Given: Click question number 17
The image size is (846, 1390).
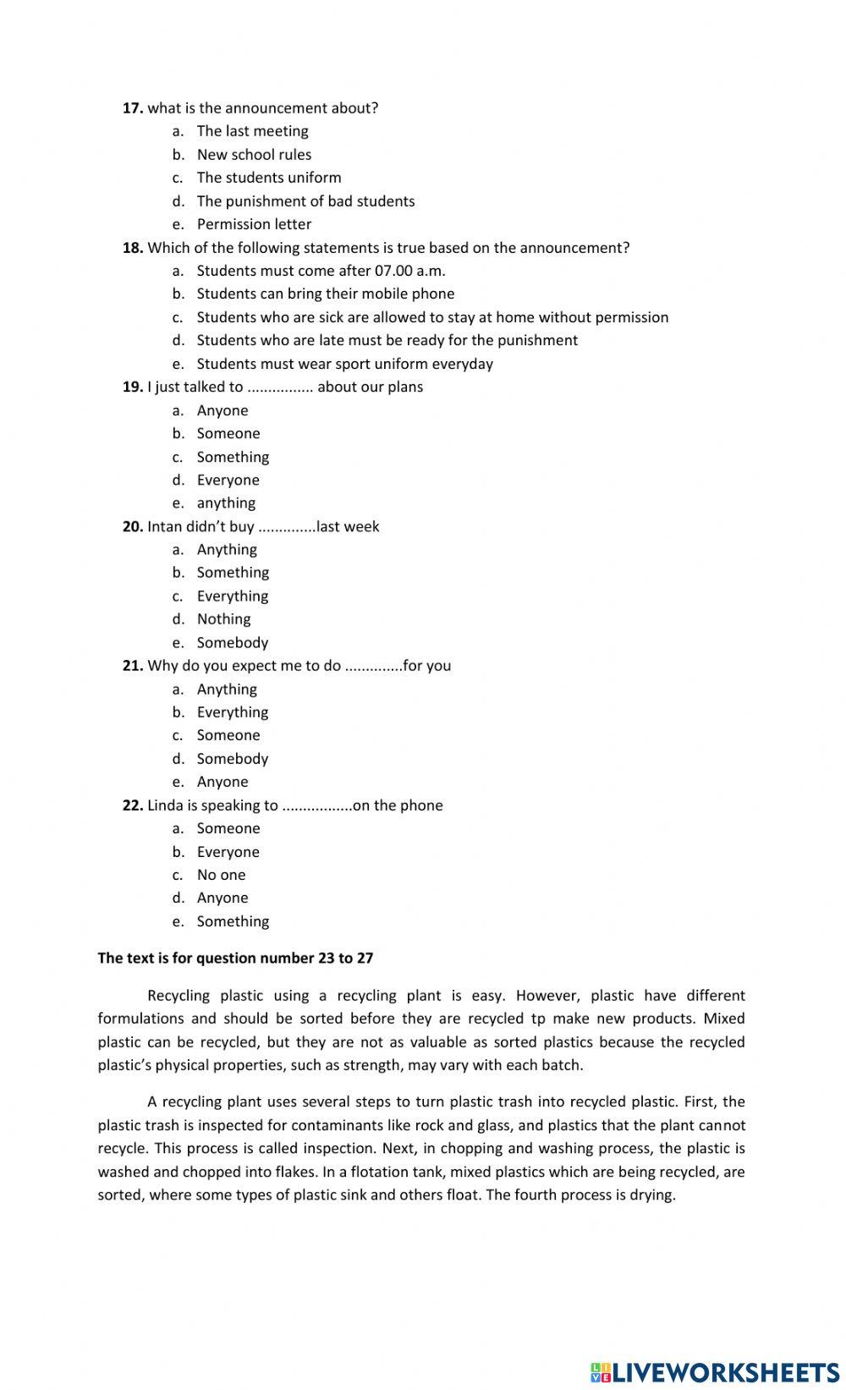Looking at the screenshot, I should point(133,108).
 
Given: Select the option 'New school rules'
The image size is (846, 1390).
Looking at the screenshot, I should point(254,155).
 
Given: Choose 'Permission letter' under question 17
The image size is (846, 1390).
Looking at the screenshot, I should point(254,224).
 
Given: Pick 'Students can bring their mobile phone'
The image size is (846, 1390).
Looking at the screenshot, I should point(326,294).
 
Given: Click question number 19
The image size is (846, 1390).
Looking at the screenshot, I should point(133,387).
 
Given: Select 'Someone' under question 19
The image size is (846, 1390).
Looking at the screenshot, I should point(228,433).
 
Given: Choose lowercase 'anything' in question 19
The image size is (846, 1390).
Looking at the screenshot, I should point(226,503).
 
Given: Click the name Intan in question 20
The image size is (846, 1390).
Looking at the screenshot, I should point(165,526).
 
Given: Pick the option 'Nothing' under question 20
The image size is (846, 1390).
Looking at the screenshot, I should point(223,619).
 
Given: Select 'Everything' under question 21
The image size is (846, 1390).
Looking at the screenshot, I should point(233,712).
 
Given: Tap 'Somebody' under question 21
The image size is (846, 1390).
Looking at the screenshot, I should point(233,759).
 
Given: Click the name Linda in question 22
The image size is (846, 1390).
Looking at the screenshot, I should point(165,805).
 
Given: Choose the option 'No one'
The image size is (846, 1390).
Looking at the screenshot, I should point(221,875).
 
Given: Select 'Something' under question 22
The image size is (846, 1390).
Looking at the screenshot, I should point(233,921).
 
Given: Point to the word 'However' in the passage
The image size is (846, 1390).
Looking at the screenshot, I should point(546,996).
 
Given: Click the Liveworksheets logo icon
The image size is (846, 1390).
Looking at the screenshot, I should point(601,1372).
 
